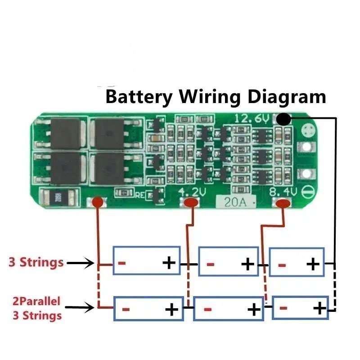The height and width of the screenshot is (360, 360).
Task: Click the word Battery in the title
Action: click(138, 96)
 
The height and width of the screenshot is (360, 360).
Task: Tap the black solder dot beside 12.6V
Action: click(283, 119)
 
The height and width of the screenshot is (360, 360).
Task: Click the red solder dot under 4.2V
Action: click(192, 203)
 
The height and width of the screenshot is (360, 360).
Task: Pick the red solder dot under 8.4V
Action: click(283, 204)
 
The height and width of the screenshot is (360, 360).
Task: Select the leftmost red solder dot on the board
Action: click(98, 203)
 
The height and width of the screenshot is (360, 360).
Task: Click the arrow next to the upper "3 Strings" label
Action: click(81, 263)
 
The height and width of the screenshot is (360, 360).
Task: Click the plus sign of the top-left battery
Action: click(169, 262)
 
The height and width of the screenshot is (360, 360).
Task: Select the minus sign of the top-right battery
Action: click(282, 264)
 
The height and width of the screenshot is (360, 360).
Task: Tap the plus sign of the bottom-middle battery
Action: click(254, 310)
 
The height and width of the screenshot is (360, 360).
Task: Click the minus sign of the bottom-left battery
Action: click(126, 310)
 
